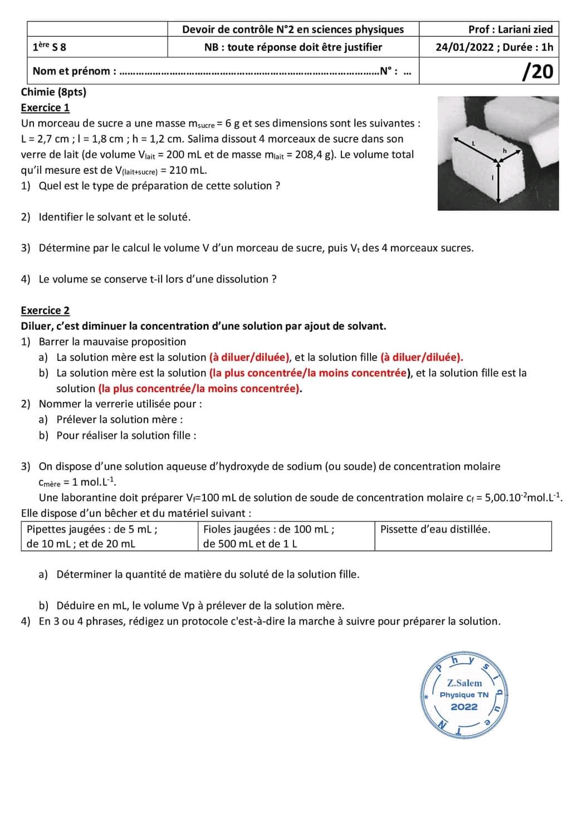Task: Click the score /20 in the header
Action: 538,71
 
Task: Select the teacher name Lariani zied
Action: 525,30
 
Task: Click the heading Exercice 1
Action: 45,108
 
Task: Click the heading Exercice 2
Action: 45,311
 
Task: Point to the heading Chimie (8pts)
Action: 53,92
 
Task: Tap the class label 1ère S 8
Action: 49,47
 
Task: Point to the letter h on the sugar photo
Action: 505,151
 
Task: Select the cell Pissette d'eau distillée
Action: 435,529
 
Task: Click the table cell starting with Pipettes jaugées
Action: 92,536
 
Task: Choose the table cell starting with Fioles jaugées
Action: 268,536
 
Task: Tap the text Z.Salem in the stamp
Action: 464,683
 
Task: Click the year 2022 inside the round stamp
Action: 464,707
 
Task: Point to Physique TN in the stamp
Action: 464,695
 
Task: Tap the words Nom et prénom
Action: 71,71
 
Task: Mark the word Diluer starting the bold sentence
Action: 37,326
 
